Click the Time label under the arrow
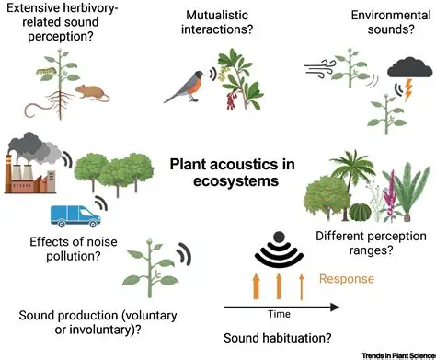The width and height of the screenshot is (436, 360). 279,314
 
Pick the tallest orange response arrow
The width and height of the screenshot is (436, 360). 253,280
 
